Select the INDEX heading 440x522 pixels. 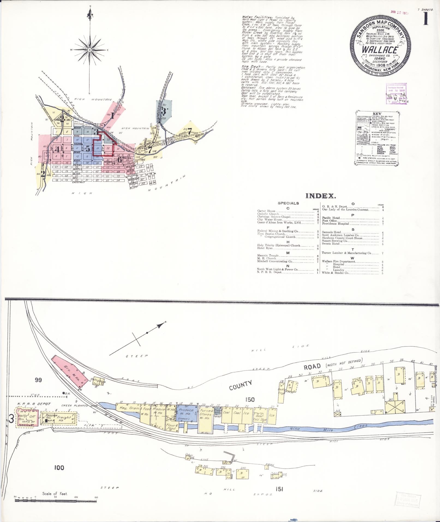click(x=321, y=196)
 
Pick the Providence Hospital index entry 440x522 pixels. click(x=336, y=224)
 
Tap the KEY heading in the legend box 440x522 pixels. click(x=378, y=114)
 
